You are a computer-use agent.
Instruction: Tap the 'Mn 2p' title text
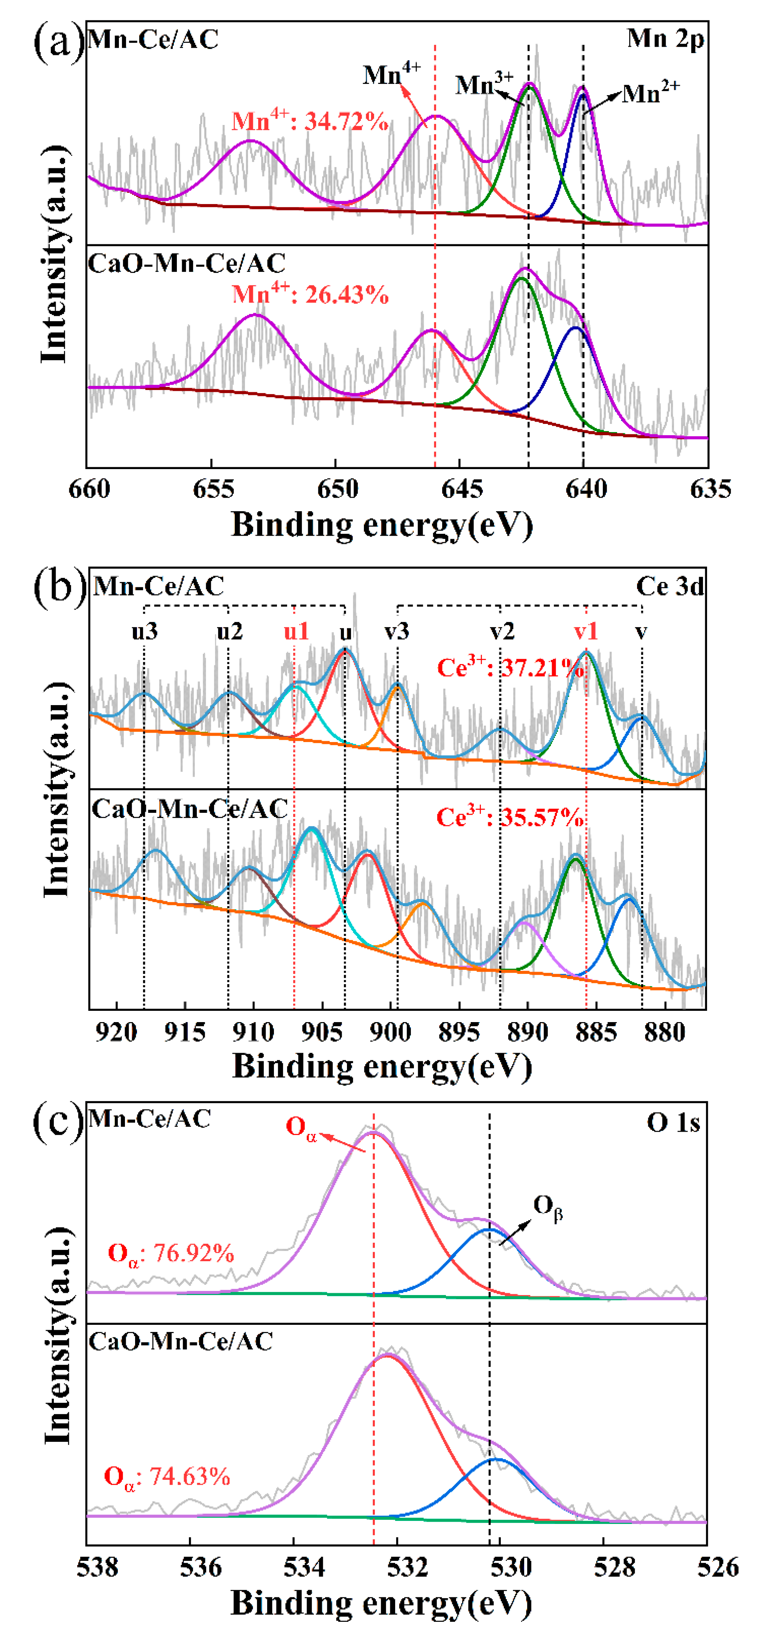665,40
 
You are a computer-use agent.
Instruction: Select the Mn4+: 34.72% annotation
310,120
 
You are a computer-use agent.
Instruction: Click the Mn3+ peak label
484,84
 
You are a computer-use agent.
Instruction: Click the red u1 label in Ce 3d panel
296,632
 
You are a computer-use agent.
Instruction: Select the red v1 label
585,632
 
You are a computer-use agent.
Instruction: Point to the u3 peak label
145,632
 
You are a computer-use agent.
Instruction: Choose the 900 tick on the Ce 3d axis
389,1032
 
